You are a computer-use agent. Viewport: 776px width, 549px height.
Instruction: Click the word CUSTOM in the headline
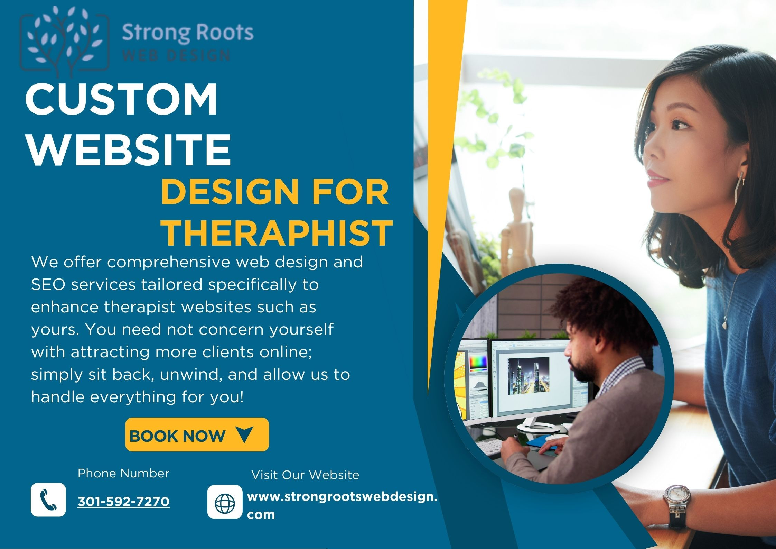pyautogui.click(x=121, y=99)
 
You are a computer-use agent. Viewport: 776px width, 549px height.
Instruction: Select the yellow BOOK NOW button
pyautogui.click(x=197, y=434)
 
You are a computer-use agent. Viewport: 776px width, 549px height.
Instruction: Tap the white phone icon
pyautogui.click(x=48, y=500)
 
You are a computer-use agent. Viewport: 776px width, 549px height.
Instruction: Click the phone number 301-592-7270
pyautogui.click(x=124, y=502)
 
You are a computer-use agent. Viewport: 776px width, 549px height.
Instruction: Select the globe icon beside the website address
pyautogui.click(x=225, y=502)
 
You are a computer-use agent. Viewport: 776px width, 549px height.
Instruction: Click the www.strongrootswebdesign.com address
pyautogui.click(x=342, y=505)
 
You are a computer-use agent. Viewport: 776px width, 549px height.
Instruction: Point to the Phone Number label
pyautogui.click(x=123, y=473)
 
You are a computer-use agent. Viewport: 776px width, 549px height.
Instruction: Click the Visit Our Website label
pyautogui.click(x=305, y=475)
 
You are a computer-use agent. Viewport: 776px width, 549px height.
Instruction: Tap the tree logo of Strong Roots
pyautogui.click(x=65, y=41)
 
